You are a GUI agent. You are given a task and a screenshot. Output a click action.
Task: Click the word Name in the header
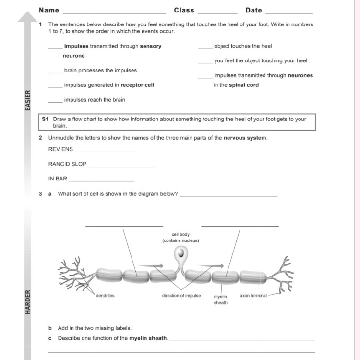click(x=49, y=10)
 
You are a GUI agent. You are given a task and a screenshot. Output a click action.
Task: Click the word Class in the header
click(x=184, y=10)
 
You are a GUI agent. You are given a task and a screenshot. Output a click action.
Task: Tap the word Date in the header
click(x=253, y=10)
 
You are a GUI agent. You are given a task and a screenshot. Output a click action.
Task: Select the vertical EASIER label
click(x=27, y=100)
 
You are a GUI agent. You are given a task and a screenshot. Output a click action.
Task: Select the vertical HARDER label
click(x=27, y=301)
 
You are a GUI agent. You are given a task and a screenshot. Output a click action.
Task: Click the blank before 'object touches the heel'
click(x=205, y=47)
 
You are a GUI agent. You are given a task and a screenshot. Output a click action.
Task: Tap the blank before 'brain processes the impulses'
click(x=55, y=72)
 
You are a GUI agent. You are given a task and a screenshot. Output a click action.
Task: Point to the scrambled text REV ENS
click(x=60, y=149)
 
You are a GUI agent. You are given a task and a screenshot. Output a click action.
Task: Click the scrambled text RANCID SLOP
click(x=67, y=164)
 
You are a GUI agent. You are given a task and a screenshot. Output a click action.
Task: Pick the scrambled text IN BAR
click(x=58, y=179)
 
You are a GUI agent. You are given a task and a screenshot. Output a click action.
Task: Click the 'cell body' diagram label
click(x=180, y=234)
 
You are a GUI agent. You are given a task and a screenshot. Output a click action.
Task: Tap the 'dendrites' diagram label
click(x=105, y=296)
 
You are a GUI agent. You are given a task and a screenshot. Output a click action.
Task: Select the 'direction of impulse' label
click(x=181, y=296)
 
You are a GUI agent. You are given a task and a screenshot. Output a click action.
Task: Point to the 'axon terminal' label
click(x=253, y=296)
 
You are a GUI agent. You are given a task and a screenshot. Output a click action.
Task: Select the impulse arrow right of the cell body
click(x=212, y=265)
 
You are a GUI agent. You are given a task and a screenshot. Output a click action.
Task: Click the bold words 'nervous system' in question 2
click(x=244, y=138)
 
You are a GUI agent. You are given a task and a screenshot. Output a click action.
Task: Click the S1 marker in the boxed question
click(x=46, y=119)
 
